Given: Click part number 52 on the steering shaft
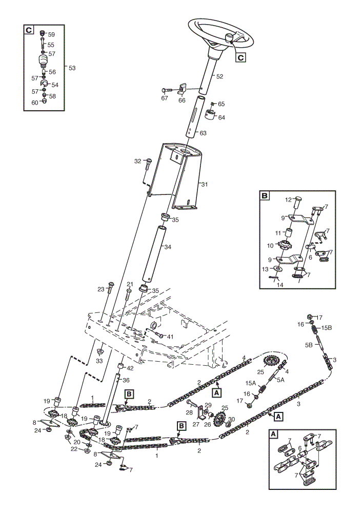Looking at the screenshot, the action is [219, 76].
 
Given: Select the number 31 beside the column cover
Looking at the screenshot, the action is [204, 185].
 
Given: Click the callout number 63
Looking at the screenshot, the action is [203, 133].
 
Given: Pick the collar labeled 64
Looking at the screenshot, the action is [211, 115].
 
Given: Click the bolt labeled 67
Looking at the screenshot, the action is [168, 90].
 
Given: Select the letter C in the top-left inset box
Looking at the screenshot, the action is [29, 30].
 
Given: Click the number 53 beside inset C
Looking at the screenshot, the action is [72, 68].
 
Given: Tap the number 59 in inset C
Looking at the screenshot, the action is [51, 35].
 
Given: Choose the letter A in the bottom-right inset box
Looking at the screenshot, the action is [273, 435].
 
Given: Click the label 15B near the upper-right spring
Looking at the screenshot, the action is [326, 328].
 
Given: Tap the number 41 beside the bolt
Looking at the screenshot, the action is [170, 337].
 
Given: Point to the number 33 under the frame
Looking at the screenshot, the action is [99, 361].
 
